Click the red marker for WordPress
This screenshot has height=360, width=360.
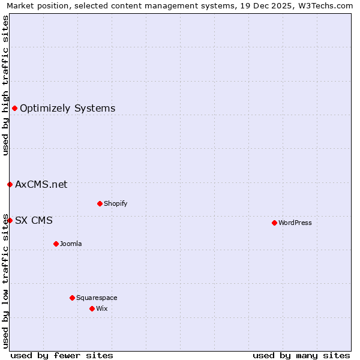[x=274, y=223]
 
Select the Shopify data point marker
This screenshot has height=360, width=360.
[x=100, y=203]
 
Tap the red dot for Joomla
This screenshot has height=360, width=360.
[x=56, y=244]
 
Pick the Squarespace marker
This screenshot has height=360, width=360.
[x=72, y=298]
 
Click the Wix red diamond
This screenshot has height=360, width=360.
[x=92, y=308]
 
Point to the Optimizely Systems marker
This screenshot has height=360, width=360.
[x=14, y=108]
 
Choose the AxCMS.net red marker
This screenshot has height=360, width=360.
[x=10, y=184]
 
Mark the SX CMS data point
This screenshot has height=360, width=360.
[x=10, y=220]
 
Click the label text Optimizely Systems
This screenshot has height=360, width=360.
[x=67, y=109]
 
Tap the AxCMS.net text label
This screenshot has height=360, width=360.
[x=41, y=185]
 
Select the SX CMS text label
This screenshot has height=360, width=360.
[x=34, y=221]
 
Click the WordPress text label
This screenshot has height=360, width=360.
[x=295, y=223]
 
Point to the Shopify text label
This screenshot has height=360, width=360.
[x=115, y=204]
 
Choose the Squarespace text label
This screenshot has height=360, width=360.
[x=97, y=298]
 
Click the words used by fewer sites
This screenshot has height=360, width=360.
[x=62, y=355]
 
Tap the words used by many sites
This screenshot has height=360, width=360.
[x=301, y=355]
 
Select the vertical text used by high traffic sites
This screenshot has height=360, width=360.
[x=5, y=85]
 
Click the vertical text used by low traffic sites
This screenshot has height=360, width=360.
[x=5, y=281]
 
